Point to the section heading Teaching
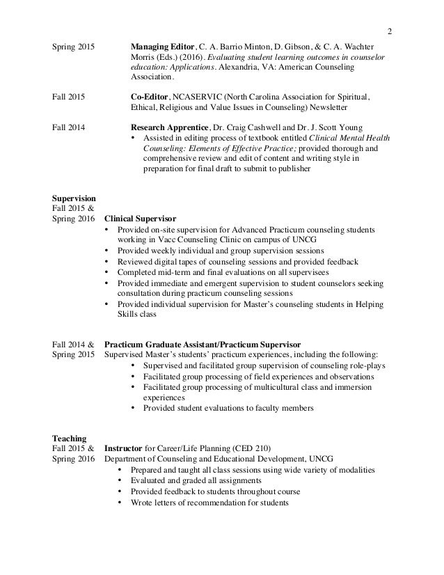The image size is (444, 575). coord(70,438)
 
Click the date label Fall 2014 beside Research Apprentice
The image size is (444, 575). coord(69,127)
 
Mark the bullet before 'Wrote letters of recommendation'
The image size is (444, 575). coord(122,502)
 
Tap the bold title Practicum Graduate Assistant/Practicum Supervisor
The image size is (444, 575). coord(203,344)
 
